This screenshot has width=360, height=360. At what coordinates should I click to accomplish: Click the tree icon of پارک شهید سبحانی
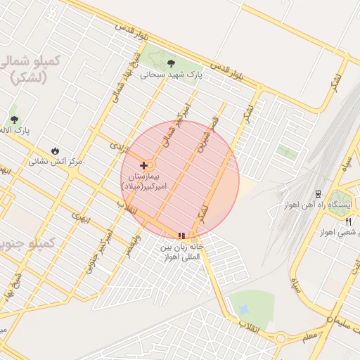pos(172,63)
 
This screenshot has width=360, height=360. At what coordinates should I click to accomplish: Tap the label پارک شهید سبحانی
pos(171,74)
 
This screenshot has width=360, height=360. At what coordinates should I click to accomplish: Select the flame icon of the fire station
pos(55,150)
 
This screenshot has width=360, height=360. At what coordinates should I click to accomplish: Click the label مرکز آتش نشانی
pos(55,161)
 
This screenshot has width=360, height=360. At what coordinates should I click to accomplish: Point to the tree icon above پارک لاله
pos(14,120)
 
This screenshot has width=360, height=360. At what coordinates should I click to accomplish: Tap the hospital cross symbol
pos(144,165)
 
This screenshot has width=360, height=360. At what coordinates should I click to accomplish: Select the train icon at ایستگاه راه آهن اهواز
pos(318,193)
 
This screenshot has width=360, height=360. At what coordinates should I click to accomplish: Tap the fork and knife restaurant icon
pos(347,222)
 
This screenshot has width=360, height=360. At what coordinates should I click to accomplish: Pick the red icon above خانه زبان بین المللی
pos(181,236)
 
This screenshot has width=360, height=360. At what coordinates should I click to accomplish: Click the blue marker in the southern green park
pos(243,309)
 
